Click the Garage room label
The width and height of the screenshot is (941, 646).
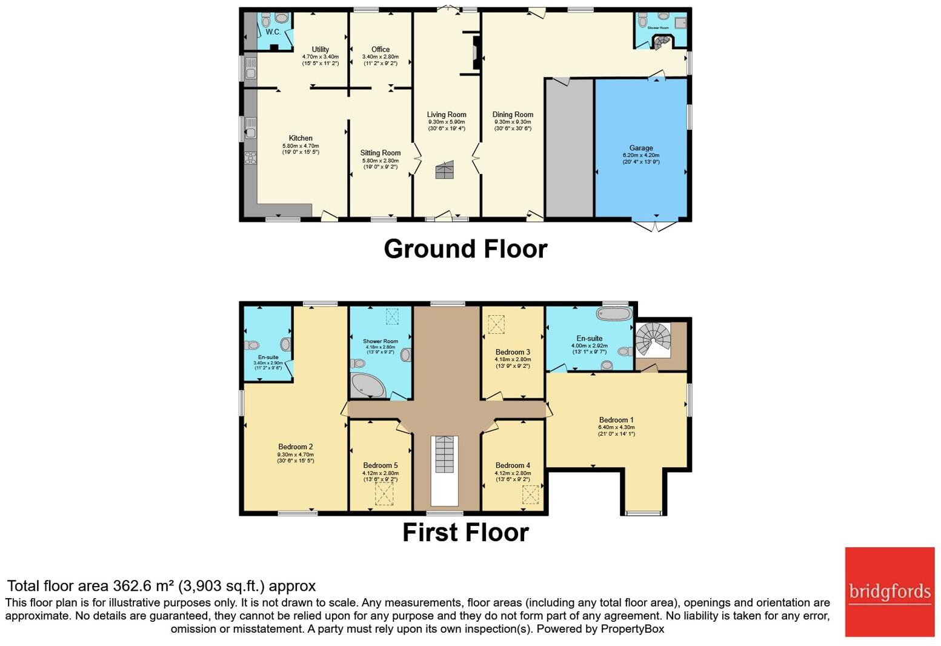pos(640,148)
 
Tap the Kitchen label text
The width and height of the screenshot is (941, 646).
pos(301,138)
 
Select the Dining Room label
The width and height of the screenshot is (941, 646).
pos(513,115)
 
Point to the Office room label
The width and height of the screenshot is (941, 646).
pos(381,50)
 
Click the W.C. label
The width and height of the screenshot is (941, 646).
pos(273,32)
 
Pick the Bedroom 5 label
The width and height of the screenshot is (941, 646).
pos(381,465)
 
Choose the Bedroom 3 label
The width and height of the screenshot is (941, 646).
pos(513,352)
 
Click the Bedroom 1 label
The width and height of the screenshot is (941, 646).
pos(616,420)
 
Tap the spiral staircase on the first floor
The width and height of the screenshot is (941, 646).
pos(654,339)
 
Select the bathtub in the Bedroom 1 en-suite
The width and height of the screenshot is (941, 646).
pos(614,313)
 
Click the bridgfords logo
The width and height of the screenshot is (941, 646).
pos(889,591)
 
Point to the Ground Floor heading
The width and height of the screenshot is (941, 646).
pos(465,249)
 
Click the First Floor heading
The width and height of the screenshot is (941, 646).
pos(465,533)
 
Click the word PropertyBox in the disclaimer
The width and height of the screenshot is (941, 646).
pos(632,629)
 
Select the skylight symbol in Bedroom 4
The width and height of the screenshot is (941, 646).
pos(530,495)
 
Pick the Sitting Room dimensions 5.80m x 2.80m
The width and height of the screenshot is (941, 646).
pos(381,161)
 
